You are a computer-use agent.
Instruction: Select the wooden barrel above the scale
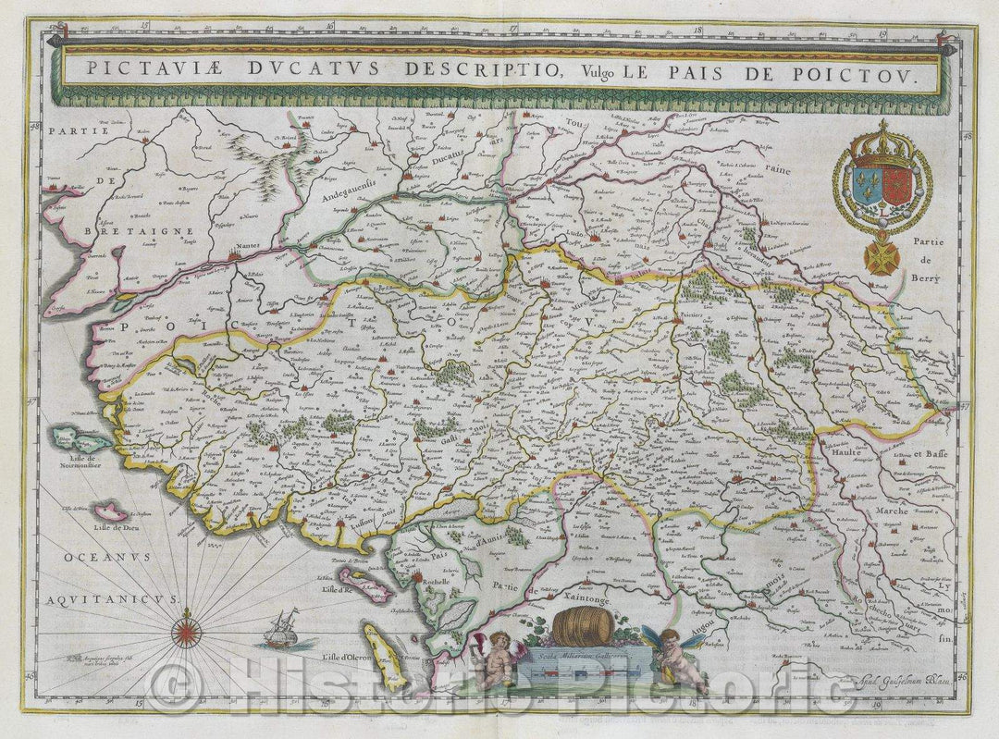pos(582,627)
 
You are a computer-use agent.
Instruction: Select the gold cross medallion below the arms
pos(881,257)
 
